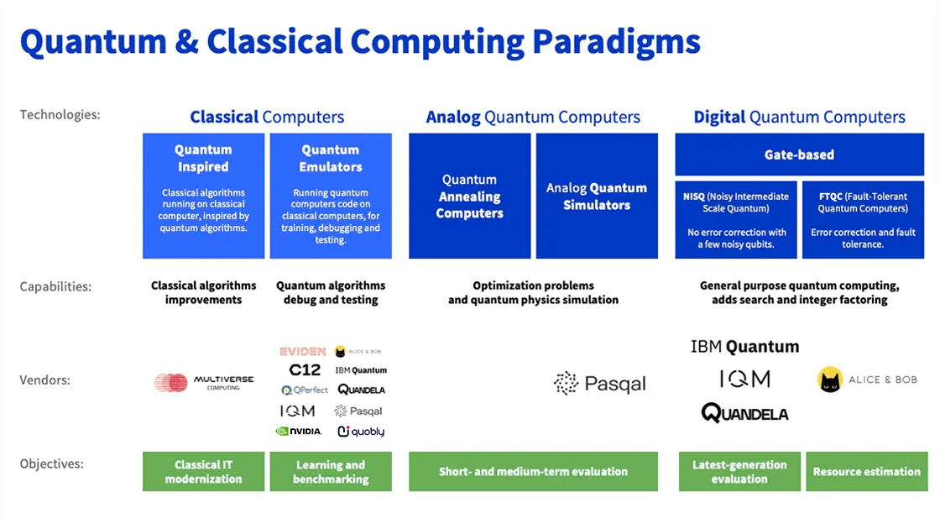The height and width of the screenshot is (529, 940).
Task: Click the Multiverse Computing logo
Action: tap(204, 383)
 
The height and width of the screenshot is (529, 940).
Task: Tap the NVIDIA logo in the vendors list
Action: tap(298, 432)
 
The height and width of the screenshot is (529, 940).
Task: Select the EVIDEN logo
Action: tap(302, 351)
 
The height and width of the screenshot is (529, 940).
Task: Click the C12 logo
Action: tap(305, 369)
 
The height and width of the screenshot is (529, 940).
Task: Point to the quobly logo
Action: tap(361, 432)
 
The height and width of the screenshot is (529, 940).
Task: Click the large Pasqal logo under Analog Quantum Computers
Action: tap(600, 384)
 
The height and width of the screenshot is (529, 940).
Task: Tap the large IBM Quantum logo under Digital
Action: tap(744, 347)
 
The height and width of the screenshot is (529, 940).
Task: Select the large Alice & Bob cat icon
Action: tap(830, 380)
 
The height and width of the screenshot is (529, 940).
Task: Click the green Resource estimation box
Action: tap(867, 472)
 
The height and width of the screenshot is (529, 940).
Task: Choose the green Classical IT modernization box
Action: tap(203, 472)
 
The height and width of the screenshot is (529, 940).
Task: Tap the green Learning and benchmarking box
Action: tap(331, 472)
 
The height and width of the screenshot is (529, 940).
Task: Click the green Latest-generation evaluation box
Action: tap(739, 472)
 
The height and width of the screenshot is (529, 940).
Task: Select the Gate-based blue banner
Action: tap(799, 155)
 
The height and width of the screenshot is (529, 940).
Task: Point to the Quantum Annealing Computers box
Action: tap(469, 196)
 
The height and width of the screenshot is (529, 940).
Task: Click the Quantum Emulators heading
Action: tap(331, 158)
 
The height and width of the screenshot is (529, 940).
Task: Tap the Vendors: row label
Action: tap(44, 380)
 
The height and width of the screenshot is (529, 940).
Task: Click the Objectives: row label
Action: tap(52, 464)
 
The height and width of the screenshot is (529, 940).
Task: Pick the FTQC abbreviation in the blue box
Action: tap(832, 196)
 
